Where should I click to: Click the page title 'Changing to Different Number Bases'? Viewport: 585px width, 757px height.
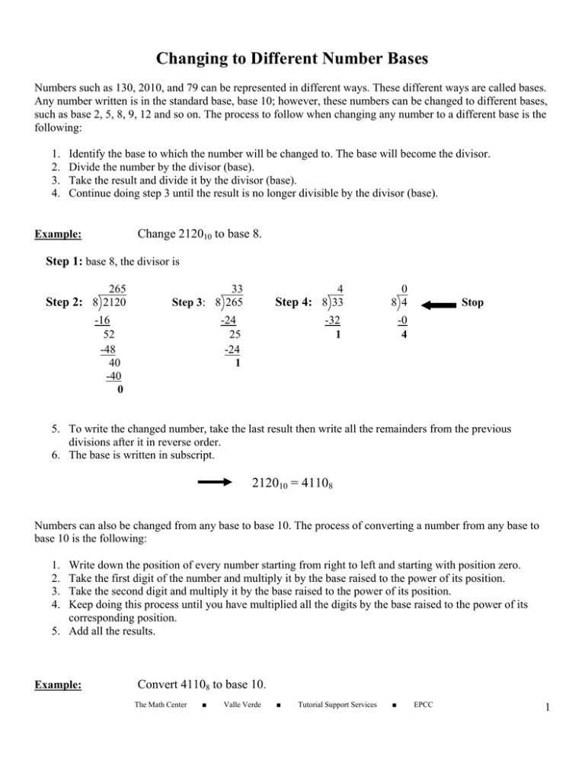[292, 37]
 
